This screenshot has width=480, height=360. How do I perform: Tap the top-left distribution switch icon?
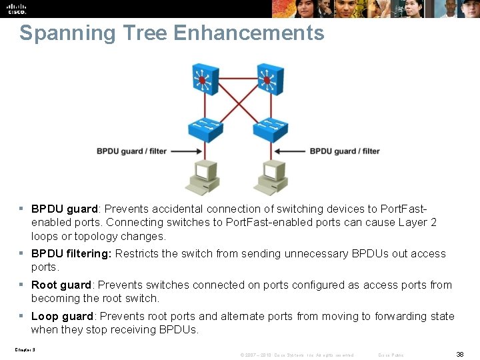point(202,79)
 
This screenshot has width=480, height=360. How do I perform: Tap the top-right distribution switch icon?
point(267,79)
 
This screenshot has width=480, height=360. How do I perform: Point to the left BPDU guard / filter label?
point(131,151)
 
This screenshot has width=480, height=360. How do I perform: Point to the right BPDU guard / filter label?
point(344,151)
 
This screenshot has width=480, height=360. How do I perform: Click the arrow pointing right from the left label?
point(186,151)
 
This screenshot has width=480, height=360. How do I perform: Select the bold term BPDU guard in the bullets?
point(65,208)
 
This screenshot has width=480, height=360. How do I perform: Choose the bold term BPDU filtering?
point(72,253)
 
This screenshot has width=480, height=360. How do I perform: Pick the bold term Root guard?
point(61,285)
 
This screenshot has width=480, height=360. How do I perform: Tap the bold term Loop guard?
point(61,316)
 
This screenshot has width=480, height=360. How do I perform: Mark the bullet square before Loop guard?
point(22,316)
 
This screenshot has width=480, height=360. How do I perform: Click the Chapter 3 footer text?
point(24,349)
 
